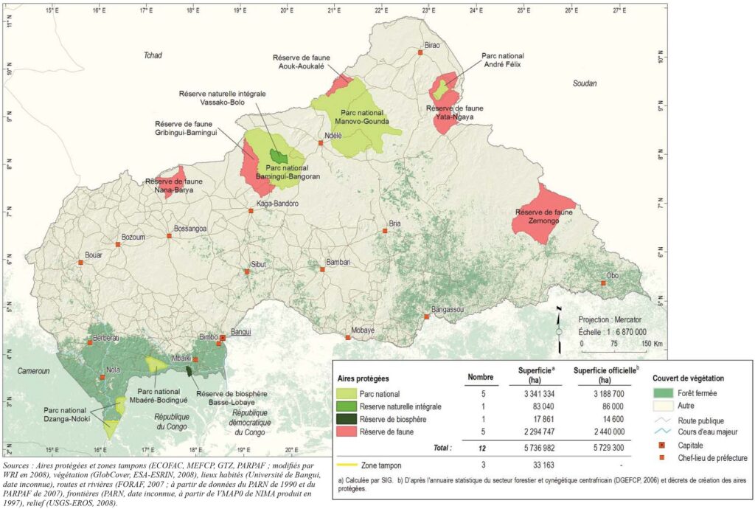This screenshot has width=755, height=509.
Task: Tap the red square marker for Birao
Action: click(420, 52)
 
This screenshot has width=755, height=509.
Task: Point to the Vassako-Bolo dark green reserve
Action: click(279, 156)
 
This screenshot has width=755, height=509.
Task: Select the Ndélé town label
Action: click(334, 136)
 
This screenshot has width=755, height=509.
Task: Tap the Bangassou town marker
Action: click(427, 316)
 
